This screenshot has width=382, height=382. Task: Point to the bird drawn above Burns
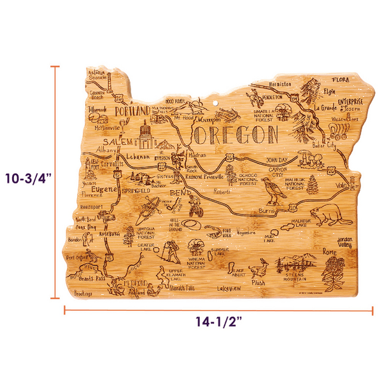[x=269, y=187]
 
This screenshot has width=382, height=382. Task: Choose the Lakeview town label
[x=229, y=288]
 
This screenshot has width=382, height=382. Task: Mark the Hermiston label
[x=279, y=84]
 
